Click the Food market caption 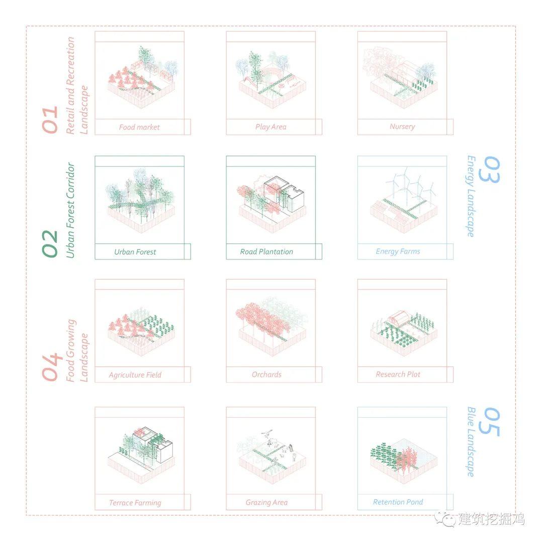pyautogui.click(x=139, y=127)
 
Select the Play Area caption pyautogui.click(x=271, y=127)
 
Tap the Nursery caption pyautogui.click(x=402, y=127)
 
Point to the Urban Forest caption pyautogui.click(x=135, y=252)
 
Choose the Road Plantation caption pyautogui.click(x=266, y=252)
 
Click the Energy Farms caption pyautogui.click(x=398, y=251)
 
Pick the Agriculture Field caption pyautogui.click(x=135, y=375)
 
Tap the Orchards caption pyautogui.click(x=266, y=375)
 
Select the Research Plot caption pyautogui.click(x=398, y=375)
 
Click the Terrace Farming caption pyautogui.click(x=135, y=503)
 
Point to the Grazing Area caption pyautogui.click(x=266, y=502)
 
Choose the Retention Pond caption pyautogui.click(x=398, y=502)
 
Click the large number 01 pyautogui.click(x=50, y=120)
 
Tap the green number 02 pyautogui.click(x=50, y=243)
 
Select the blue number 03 pyautogui.click(x=489, y=170)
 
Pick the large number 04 pyautogui.click(x=50, y=368)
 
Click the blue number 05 pyautogui.click(x=489, y=422)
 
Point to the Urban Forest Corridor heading pyautogui.click(x=70, y=210)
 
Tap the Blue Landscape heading pyautogui.click(x=471, y=442)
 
